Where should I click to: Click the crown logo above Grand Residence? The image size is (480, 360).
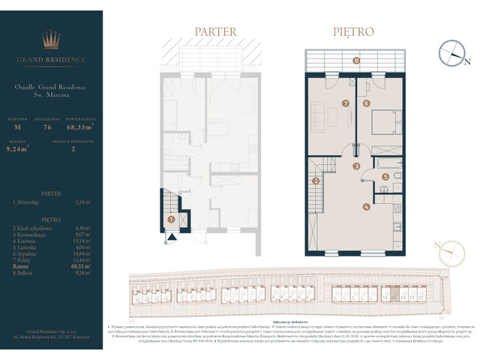pyautogui.click(x=52, y=39)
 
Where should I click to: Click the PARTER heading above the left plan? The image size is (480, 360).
pyautogui.click(x=215, y=32)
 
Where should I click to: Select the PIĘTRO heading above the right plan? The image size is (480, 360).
pyautogui.click(x=353, y=32)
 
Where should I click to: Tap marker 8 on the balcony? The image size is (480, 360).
pyautogui.click(x=356, y=60)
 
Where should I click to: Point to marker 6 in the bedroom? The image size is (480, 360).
pyautogui.click(x=367, y=103)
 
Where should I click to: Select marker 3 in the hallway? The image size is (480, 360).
pyautogui.click(x=357, y=166)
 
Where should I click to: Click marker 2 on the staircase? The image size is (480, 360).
pyautogui.click(x=316, y=181)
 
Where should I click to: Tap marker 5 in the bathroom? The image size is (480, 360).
pyautogui.click(x=385, y=177)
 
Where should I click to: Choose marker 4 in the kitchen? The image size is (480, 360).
pyautogui.click(x=366, y=207)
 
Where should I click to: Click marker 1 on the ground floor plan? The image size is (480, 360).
pyautogui.click(x=172, y=220)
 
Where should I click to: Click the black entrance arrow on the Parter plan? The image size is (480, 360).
pyautogui.click(x=172, y=238)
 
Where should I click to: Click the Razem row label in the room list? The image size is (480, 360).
pyautogui.click(x=20, y=265)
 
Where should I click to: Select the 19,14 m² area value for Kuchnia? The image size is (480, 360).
pyautogui.click(x=84, y=240)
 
